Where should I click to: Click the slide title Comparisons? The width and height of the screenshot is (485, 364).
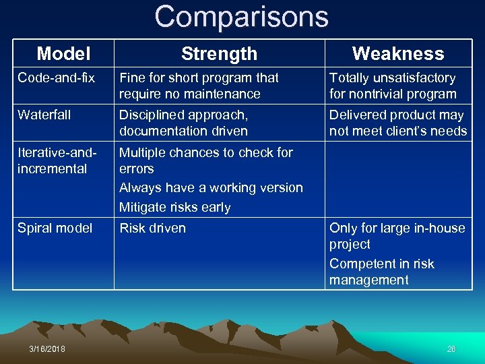tap(241, 17)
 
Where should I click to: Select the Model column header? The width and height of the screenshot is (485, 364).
tap(64, 53)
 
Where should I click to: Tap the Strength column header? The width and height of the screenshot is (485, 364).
tap(219, 53)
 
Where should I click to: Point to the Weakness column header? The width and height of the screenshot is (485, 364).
tap(398, 53)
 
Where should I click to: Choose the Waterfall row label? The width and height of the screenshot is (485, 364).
tap(44, 115)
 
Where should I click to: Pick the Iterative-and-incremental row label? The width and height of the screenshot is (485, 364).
tap(54, 160)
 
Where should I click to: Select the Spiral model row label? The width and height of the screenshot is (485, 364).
tap(55, 229)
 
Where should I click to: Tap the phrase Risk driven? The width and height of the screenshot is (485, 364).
tap(152, 229)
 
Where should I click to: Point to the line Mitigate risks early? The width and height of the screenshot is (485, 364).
tap(175, 208)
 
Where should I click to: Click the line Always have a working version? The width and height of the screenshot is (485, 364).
tap(211, 188)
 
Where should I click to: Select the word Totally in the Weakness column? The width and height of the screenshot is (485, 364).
tap(348, 78)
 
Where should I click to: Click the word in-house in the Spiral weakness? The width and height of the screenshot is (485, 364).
tap(441, 229)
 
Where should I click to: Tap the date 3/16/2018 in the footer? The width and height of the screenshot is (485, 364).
tap(47, 348)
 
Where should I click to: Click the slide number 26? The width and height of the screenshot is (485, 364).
tap(451, 348)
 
